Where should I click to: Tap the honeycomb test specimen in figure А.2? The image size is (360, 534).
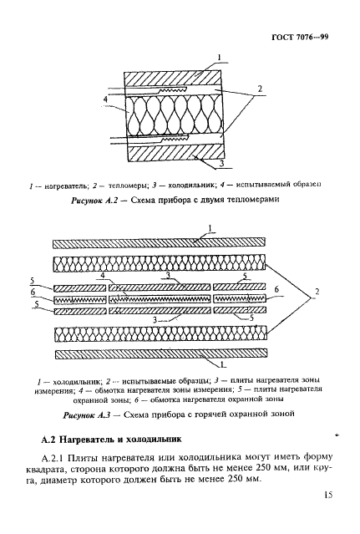click(x=172, y=114)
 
